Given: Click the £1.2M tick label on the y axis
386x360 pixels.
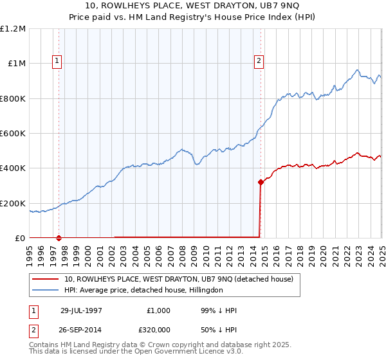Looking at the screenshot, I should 14,28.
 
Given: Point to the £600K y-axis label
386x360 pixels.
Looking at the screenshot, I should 14,134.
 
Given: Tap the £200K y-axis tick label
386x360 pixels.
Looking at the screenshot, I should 14,203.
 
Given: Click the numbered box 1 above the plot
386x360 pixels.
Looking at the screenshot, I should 57,61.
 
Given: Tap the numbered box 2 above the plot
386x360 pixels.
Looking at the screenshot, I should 259,61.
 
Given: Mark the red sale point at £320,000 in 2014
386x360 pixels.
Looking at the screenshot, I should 261,183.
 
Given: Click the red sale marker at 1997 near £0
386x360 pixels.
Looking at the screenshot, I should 59,238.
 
